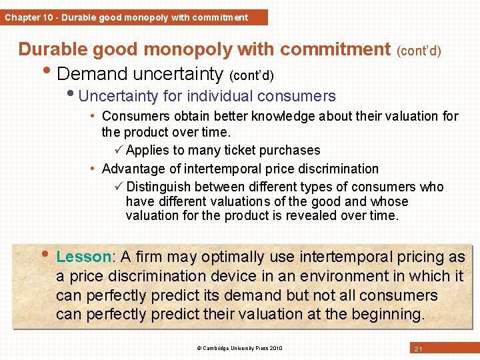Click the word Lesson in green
pyautogui.click(x=84, y=257)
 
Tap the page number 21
pyautogui.click(x=418, y=349)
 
